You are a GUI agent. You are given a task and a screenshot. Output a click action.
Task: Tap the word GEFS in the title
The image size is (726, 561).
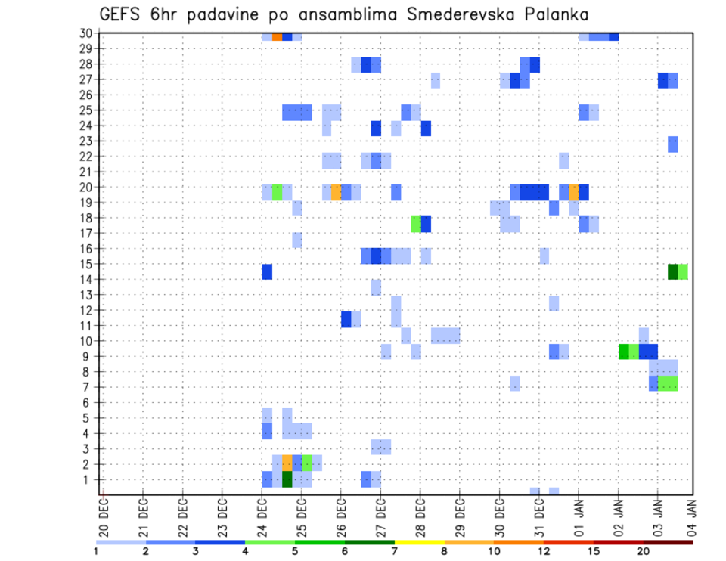tap(120, 15)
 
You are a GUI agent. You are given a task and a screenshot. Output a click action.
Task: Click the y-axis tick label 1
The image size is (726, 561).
tap(88, 479)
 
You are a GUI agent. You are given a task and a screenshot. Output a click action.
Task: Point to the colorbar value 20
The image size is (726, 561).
tap(643, 552)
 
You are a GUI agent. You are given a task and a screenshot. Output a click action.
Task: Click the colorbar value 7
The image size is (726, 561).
tap(395, 552)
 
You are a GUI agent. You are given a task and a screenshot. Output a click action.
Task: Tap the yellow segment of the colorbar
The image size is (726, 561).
tap(419, 542)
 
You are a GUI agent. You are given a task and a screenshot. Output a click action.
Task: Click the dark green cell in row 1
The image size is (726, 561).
tap(287, 479)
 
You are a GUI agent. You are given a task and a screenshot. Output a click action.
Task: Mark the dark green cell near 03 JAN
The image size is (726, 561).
tap(672, 271)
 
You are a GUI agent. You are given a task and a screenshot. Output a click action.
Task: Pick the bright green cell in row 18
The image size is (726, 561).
tap(416, 224)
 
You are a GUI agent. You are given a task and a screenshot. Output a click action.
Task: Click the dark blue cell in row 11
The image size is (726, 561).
tap(346, 319)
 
